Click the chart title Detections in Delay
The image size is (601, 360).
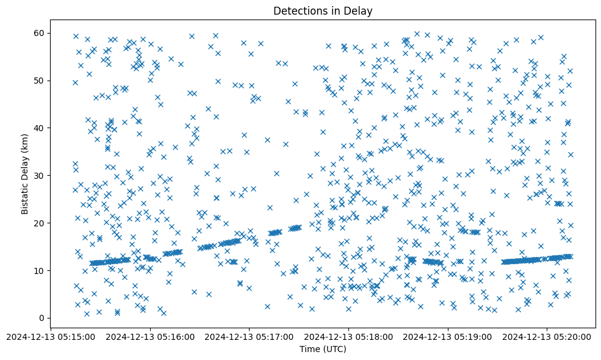323,11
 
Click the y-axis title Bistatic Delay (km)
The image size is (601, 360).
25,174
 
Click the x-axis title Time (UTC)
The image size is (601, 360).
323,350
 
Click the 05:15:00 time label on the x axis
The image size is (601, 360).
51,336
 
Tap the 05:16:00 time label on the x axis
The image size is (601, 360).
150,336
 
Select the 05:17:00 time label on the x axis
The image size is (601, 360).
250,336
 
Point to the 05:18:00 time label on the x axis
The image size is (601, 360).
349,336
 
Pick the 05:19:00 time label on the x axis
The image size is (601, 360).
448,336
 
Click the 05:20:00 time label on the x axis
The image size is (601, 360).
547,336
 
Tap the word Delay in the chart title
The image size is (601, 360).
359,11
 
